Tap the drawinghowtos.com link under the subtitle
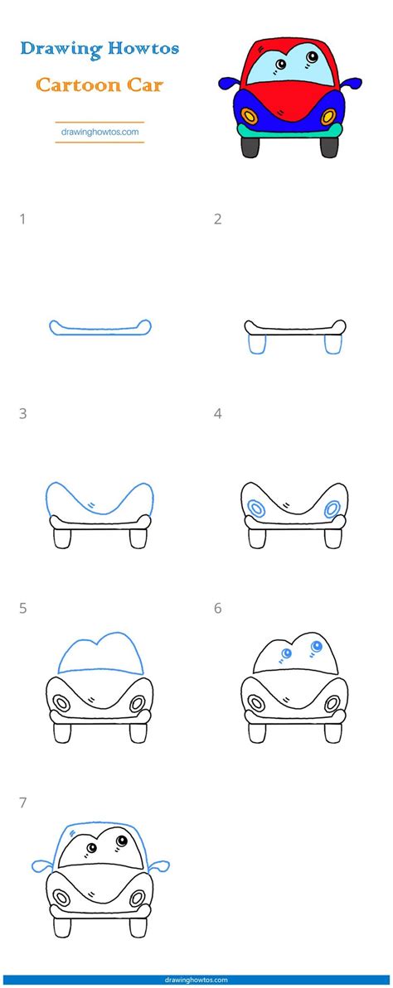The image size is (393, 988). coord(99,131)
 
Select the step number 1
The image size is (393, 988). coord(22,219)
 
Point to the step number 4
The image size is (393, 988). coord(217,413)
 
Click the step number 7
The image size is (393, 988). coord(22,802)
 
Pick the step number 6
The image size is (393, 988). coord(217,608)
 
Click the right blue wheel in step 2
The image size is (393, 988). coord(333,344)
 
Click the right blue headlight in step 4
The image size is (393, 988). coord(332,508)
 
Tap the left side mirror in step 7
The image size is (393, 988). coord(41,866)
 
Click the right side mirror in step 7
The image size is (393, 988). coord(160,866)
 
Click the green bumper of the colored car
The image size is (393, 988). coord(290,128)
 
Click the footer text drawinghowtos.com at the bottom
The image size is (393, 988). coord(196,980)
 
